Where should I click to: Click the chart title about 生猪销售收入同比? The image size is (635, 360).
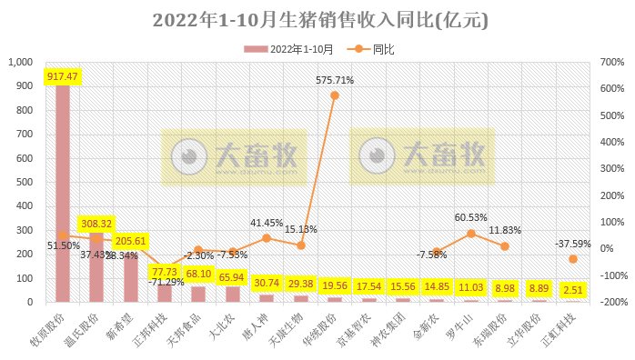tap(317, 20)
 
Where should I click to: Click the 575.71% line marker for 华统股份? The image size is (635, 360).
tap(334, 95)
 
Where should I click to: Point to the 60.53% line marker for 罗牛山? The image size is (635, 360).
tap(471, 234)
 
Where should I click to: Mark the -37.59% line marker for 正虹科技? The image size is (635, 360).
tap(573, 259)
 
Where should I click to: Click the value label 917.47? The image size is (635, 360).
tap(63, 76)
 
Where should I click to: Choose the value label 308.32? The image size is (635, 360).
tap(96, 223)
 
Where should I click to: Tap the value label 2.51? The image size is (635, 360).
tap(573, 290)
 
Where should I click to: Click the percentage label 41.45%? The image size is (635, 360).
tap(266, 223)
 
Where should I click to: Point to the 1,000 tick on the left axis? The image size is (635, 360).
tap(20, 63)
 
